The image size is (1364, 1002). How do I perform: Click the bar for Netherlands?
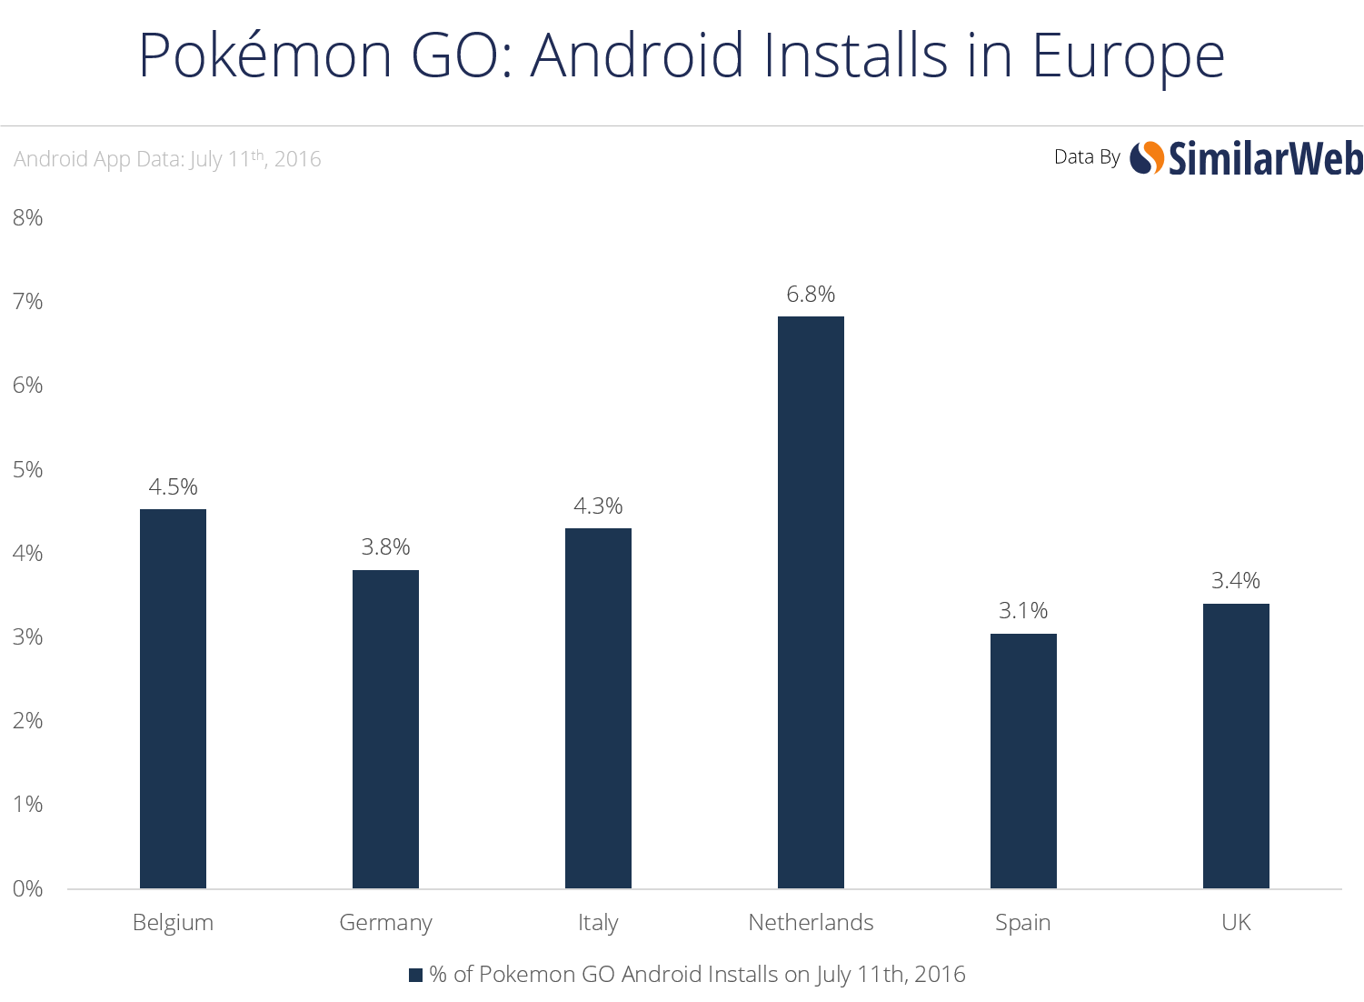pyautogui.click(x=811, y=602)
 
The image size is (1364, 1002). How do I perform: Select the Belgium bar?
pyautogui.click(x=173, y=698)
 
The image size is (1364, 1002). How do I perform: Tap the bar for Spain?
pyautogui.click(x=1023, y=760)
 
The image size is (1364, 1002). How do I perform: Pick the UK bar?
pyautogui.click(x=1236, y=746)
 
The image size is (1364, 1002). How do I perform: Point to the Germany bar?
pyautogui.click(x=385, y=728)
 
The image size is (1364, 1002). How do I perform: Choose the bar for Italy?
pyautogui.click(x=598, y=707)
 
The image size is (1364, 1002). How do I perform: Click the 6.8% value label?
pyautogui.click(x=811, y=294)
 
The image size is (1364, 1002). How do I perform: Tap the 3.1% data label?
pyautogui.click(x=1023, y=610)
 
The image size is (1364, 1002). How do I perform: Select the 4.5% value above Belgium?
pyautogui.click(x=173, y=486)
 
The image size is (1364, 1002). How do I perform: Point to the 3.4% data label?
pyautogui.click(x=1236, y=580)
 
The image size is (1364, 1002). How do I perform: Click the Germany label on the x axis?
pyautogui.click(x=385, y=922)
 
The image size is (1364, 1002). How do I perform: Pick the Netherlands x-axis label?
pyautogui.click(x=811, y=922)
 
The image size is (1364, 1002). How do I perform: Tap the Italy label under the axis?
pyautogui.click(x=598, y=922)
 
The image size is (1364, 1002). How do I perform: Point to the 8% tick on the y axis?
pyautogui.click(x=28, y=217)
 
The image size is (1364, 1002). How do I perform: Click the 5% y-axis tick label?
pyautogui.click(x=28, y=469)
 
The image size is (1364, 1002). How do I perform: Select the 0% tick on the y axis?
pyautogui.click(x=28, y=888)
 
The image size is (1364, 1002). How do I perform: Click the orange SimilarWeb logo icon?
pyautogui.click(x=1147, y=158)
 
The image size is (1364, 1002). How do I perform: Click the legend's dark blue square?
pyautogui.click(x=415, y=975)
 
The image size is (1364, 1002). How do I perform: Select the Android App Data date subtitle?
pyautogui.click(x=167, y=158)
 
